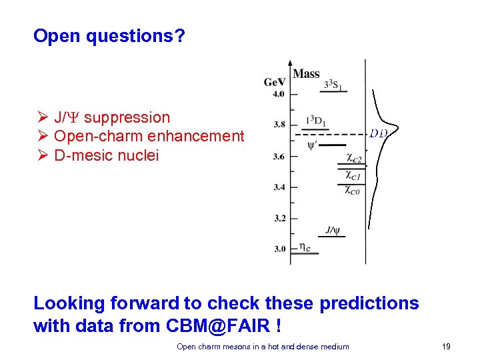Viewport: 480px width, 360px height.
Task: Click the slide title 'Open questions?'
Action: [x=109, y=36]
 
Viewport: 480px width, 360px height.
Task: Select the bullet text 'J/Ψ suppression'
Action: [x=111, y=117]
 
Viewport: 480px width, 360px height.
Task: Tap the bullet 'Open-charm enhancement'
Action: [x=149, y=137]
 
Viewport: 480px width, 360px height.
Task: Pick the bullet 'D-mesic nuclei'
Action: [x=106, y=156]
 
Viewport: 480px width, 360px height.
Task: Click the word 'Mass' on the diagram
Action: [x=306, y=74]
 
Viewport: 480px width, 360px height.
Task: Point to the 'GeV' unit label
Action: [x=275, y=82]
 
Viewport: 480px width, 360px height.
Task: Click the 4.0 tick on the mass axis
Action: [x=278, y=93]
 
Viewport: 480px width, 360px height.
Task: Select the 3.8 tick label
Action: [x=278, y=124]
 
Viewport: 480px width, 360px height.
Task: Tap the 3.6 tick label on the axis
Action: [x=278, y=157]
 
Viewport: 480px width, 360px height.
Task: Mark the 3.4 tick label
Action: [x=278, y=187]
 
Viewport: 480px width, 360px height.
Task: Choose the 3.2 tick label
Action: [x=278, y=218]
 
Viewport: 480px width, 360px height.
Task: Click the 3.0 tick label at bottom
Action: [x=278, y=249]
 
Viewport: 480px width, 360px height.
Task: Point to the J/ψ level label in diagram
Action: [x=333, y=231]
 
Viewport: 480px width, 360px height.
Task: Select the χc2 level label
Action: [x=353, y=159]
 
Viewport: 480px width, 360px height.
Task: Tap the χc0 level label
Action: [x=352, y=191]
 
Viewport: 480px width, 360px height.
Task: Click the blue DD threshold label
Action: [x=378, y=133]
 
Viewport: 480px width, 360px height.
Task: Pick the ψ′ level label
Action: [x=311, y=145]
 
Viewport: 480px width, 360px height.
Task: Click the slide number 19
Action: [x=446, y=346]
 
